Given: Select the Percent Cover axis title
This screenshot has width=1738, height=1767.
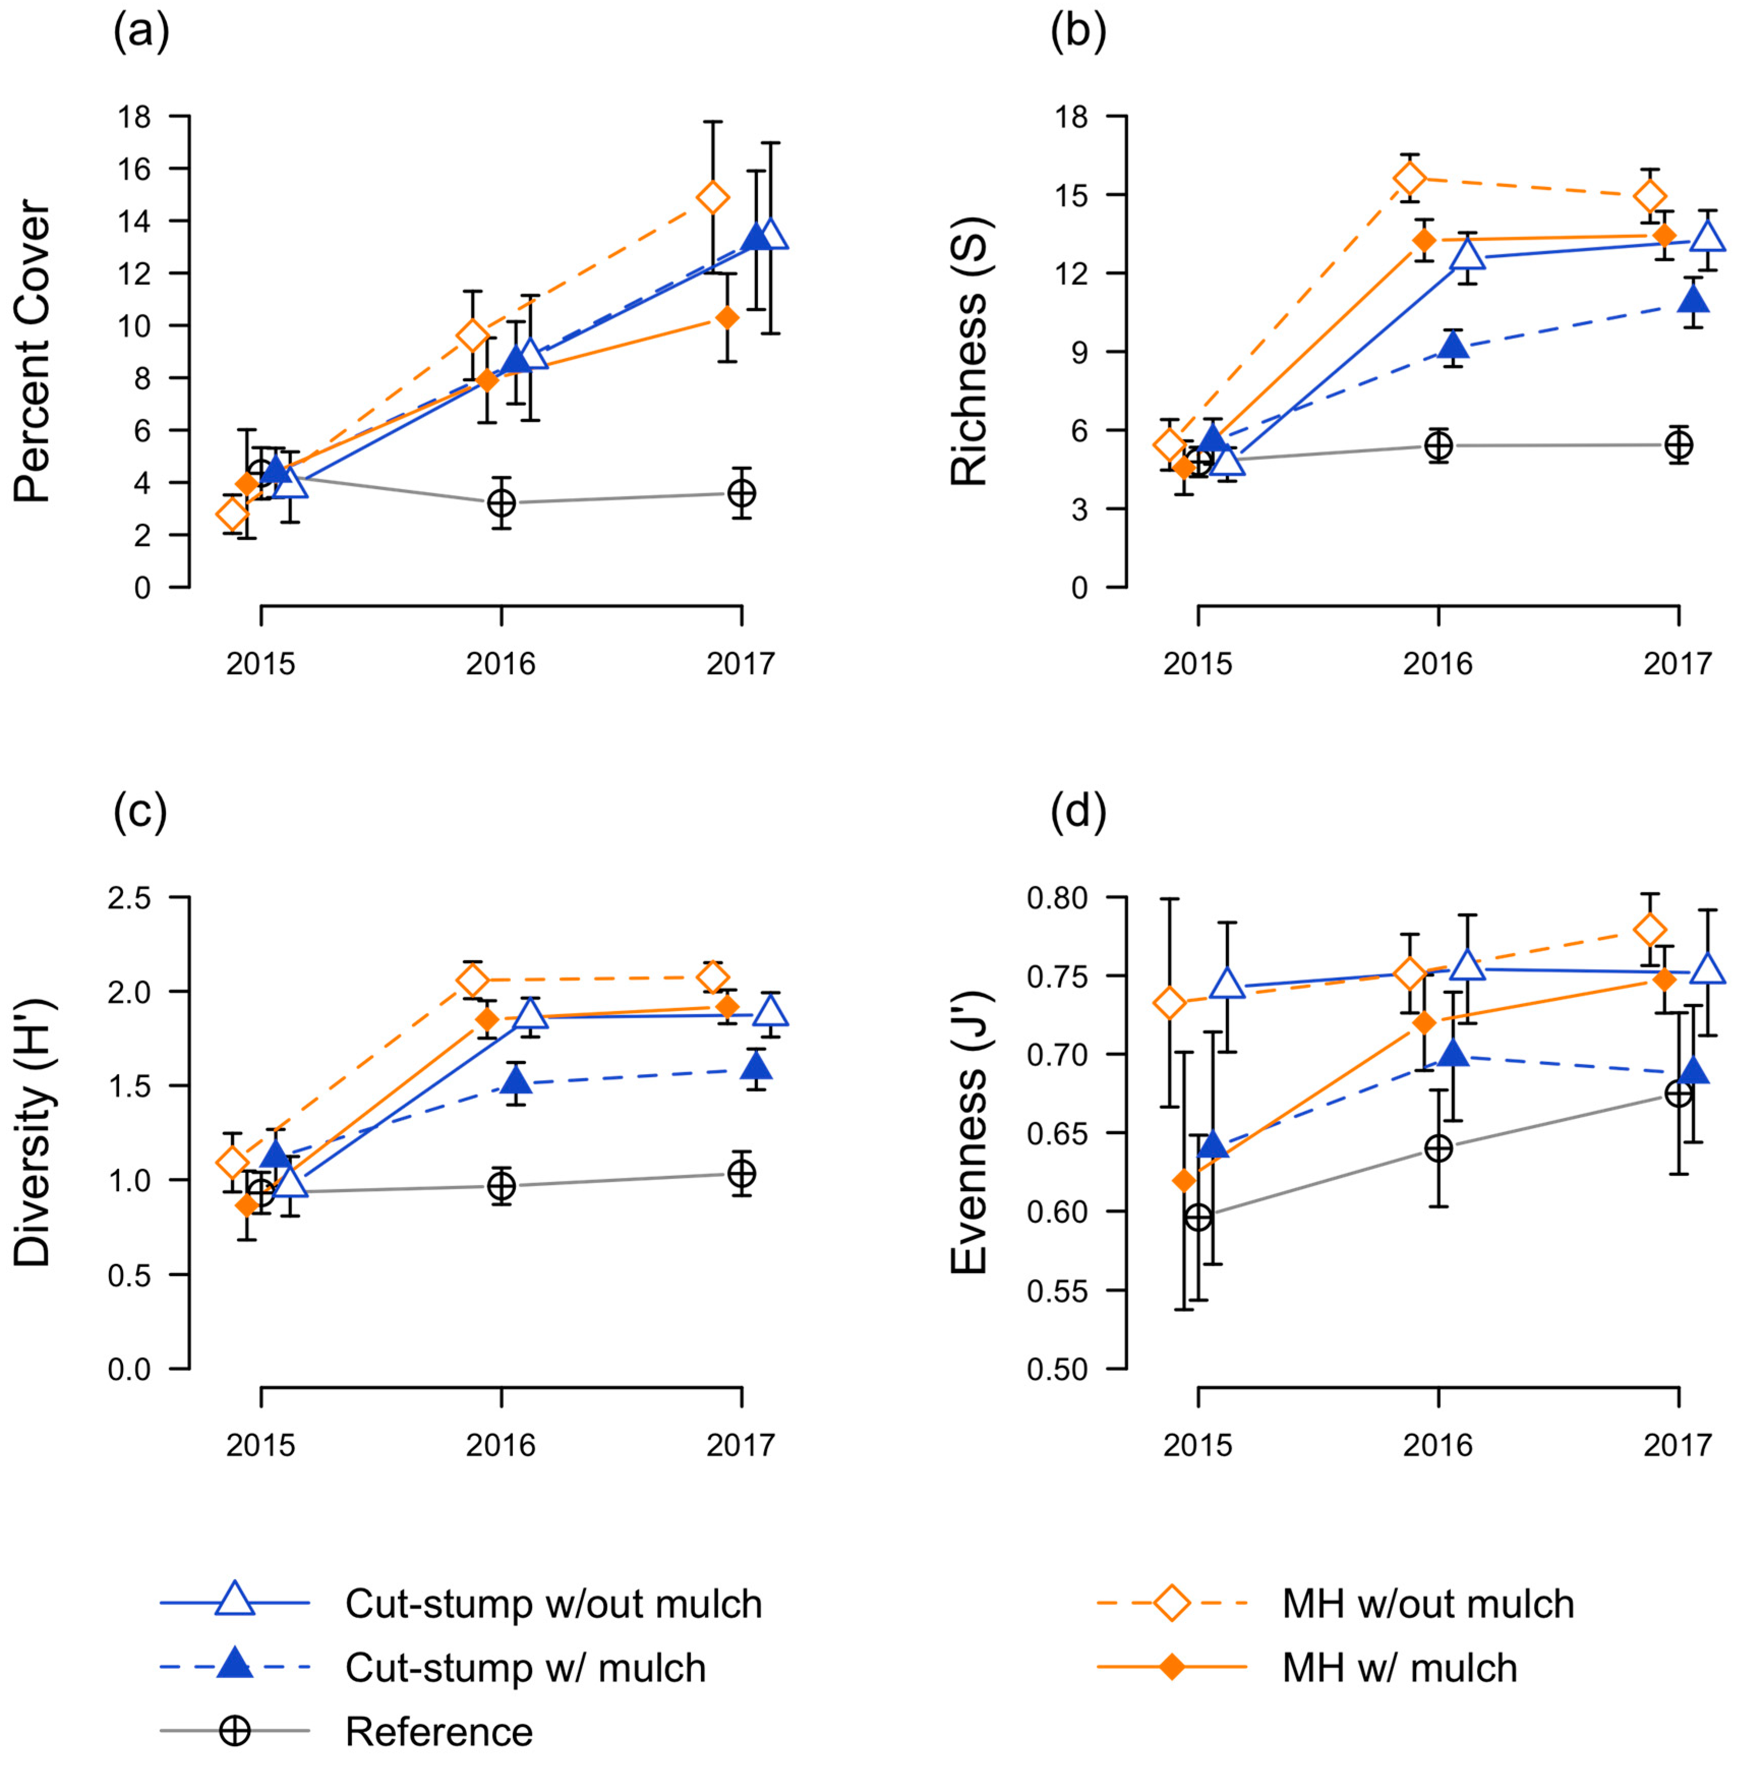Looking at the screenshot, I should click(33, 351).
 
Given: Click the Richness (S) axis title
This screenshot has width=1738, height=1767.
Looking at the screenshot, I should click(969, 351).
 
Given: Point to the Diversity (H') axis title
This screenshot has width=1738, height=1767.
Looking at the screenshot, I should click(33, 1132).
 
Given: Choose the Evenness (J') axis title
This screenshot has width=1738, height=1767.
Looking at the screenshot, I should click(969, 1132).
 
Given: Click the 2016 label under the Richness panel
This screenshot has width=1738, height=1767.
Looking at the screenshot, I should click(1438, 664).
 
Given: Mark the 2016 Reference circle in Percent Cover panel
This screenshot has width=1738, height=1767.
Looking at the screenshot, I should click(501, 503).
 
